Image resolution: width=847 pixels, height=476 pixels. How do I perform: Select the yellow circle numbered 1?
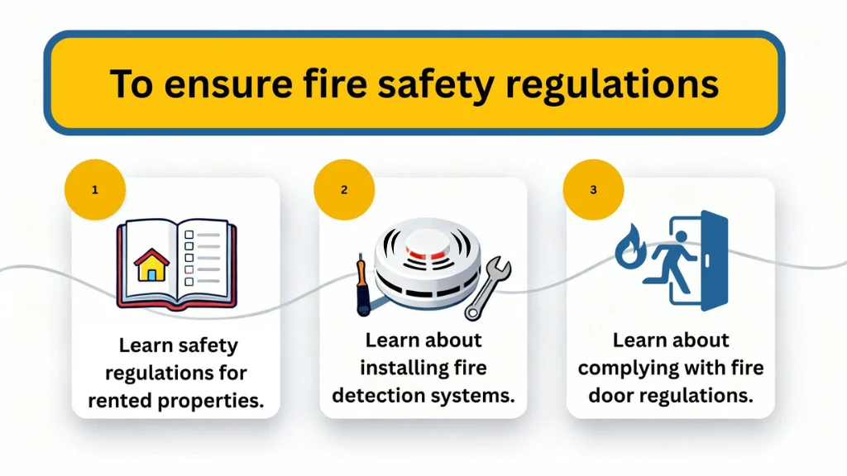coord(95,189)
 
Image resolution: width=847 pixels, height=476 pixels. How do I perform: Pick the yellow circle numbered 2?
coord(344,189)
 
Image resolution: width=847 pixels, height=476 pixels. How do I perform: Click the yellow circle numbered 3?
coord(593,189)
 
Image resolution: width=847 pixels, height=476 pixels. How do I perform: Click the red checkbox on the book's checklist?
coord(189,269)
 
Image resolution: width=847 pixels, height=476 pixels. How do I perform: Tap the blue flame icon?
coord(631,249)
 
